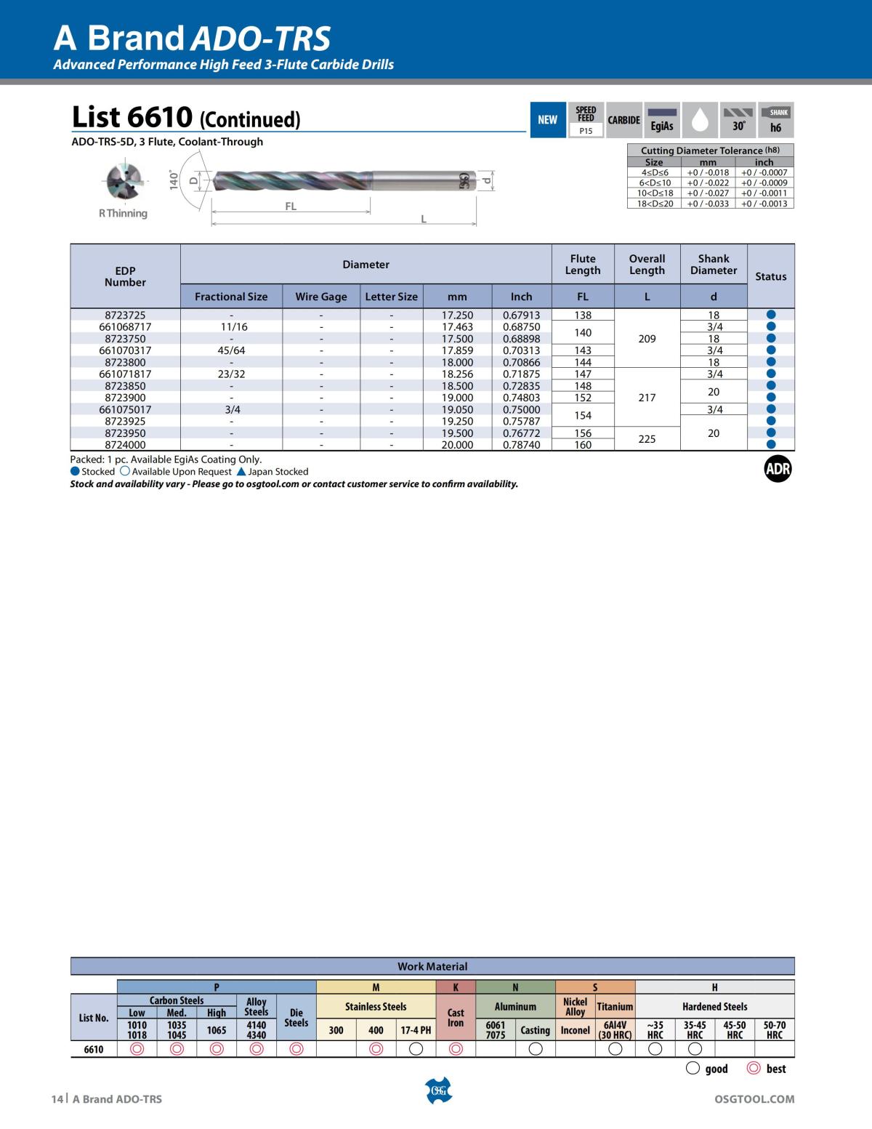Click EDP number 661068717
tap(125, 327)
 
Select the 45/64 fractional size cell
tap(231, 350)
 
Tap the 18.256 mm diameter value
tap(457, 374)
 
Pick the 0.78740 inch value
tap(521, 445)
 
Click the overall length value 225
tap(647, 439)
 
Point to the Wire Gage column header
tap(320, 297)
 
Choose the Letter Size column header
tap(391, 297)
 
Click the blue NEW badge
tap(547, 120)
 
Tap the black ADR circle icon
tap(777, 470)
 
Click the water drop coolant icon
tap(700, 121)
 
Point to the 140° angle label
tap(174, 180)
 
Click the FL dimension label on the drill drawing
tap(291, 206)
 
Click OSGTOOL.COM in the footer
tap(755, 1099)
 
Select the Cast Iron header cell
tap(456, 1017)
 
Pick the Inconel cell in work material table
tap(575, 1030)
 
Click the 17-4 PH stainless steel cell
tap(416, 1030)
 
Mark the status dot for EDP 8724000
tap(771, 445)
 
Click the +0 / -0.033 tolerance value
tap(708, 204)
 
